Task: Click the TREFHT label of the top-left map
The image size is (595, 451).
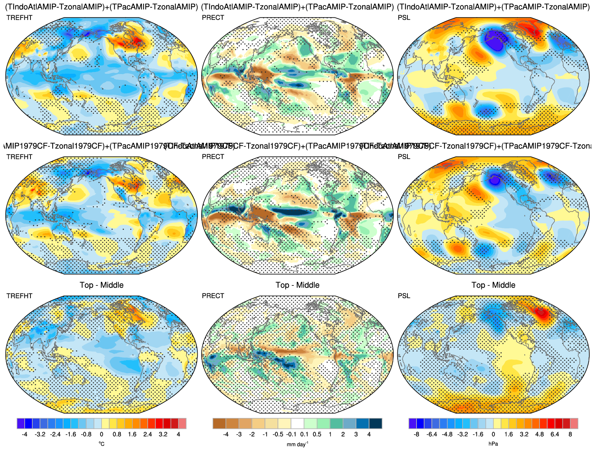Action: tap(19, 17)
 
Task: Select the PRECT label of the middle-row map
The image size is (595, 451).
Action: tap(213, 157)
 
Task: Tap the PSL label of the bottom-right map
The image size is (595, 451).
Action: tap(404, 296)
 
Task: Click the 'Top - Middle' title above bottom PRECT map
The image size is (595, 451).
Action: tap(297, 285)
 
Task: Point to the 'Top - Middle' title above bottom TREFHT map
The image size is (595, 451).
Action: tap(102, 285)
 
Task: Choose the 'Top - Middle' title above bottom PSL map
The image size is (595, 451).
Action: tap(493, 285)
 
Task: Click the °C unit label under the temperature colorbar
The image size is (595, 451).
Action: tap(102, 444)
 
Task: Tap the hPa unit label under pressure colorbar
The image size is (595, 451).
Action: tap(493, 444)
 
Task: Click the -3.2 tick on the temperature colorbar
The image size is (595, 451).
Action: tap(40, 434)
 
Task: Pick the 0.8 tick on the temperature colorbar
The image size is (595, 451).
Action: tap(117, 434)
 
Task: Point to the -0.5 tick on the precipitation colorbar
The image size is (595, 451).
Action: tap(278, 434)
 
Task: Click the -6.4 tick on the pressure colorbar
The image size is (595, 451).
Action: tap(432, 434)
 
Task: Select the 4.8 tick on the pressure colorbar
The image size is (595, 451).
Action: tap(539, 434)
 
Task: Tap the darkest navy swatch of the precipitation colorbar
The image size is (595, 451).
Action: tap(376, 423)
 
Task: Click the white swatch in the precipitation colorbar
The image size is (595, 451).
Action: tap(297, 423)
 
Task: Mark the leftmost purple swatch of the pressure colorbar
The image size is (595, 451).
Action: tap(413, 423)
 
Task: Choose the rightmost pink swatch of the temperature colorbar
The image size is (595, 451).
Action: tap(182, 423)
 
